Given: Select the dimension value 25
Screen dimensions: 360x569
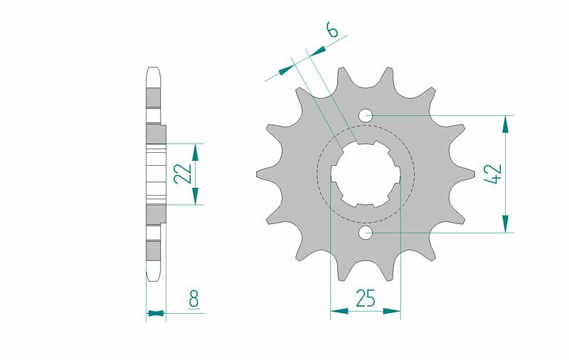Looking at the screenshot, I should click(366, 299).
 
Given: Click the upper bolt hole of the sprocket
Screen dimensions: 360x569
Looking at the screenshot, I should click(366, 115).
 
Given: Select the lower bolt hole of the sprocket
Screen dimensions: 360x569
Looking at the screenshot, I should click(366, 233).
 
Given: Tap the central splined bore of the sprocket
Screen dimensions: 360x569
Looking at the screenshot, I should click(366, 173).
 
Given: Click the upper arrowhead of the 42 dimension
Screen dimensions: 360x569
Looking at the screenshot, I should click(506, 125).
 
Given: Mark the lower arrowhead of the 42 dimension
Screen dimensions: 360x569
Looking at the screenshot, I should click(506, 223).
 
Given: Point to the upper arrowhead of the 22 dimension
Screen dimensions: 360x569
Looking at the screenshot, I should click(196, 152).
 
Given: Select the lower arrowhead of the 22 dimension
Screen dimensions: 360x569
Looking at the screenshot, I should click(196, 195).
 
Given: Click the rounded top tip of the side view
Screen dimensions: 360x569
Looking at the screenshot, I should click(154, 70).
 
